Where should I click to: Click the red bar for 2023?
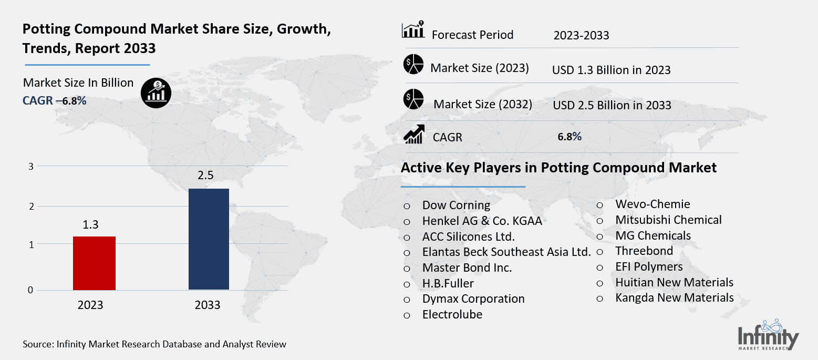click(x=94, y=263)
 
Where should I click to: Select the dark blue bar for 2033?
click(x=209, y=239)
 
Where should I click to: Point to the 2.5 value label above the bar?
click(x=205, y=176)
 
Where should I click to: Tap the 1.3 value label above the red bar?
click(x=91, y=225)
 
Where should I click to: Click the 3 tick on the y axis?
click(x=31, y=166)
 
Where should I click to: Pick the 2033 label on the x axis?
click(x=207, y=305)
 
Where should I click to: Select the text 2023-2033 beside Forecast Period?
click(x=581, y=36)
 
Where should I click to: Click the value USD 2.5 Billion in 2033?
click(x=612, y=105)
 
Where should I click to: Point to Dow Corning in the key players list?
click(x=456, y=205)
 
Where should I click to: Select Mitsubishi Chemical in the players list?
click(x=668, y=220)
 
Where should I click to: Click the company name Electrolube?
click(x=452, y=314)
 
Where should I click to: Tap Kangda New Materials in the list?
click(x=675, y=297)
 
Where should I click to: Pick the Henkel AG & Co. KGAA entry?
click(x=482, y=221)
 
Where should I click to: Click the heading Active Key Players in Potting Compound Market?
click(x=558, y=168)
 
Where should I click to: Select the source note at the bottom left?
click(x=154, y=345)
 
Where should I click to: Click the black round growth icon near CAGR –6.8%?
click(x=156, y=93)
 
